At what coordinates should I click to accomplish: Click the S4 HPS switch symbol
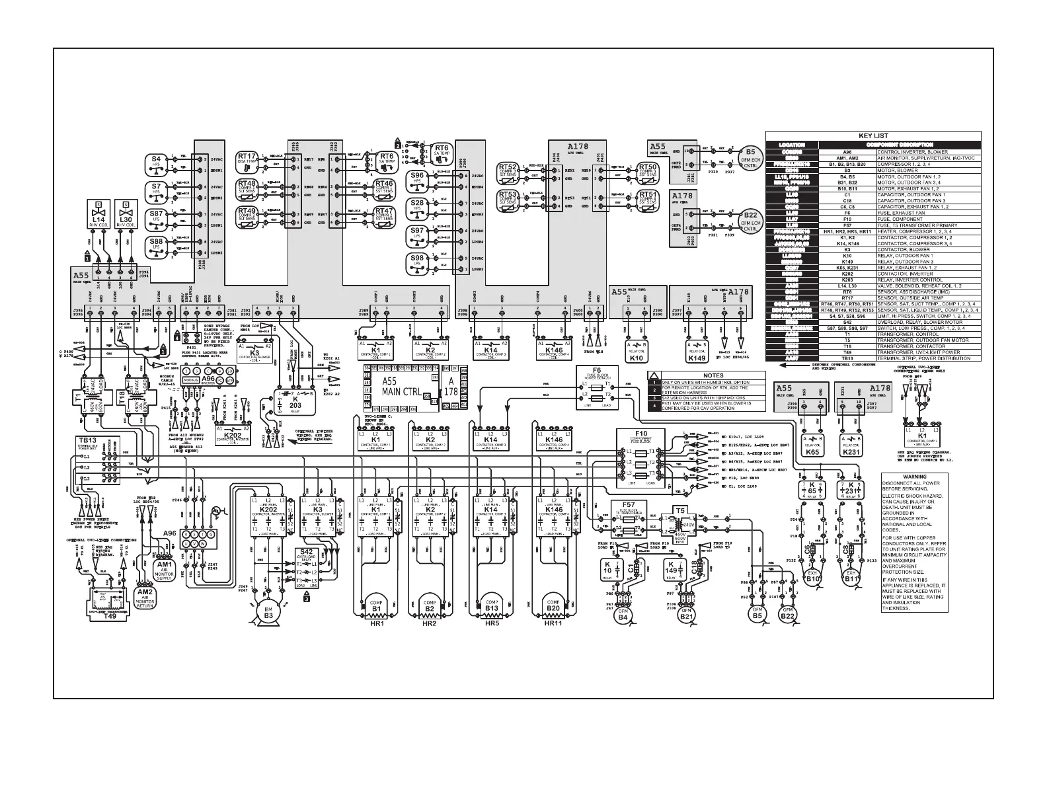tap(157, 163)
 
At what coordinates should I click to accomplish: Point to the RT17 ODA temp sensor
tap(248, 159)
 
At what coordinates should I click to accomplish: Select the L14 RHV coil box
tap(98, 215)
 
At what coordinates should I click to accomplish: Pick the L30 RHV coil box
tap(126, 215)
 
